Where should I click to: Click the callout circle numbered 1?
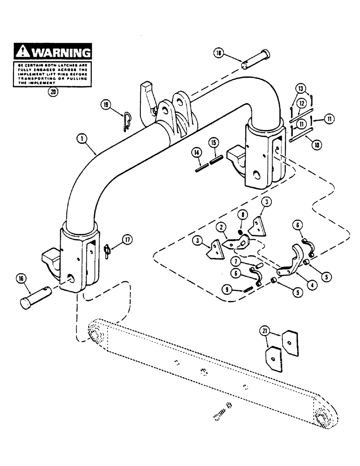pyautogui.click(x=82, y=138)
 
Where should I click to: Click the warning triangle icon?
pyautogui.click(x=22, y=51)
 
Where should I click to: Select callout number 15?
pyautogui.click(x=213, y=141)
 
